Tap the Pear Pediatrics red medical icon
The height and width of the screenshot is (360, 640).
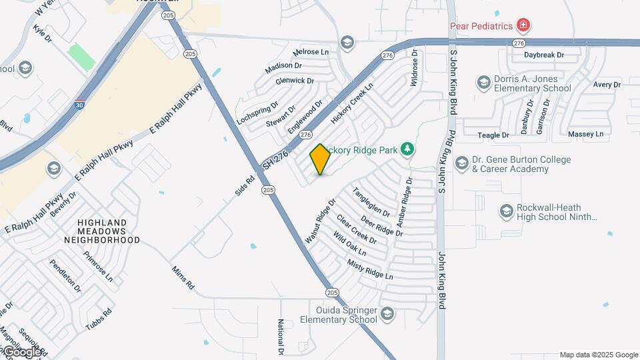(x=524, y=26)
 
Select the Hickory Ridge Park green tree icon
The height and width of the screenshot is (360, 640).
(x=407, y=149)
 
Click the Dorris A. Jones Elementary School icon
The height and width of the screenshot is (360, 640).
(x=483, y=83)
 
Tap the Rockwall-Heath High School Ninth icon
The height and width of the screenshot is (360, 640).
(x=507, y=212)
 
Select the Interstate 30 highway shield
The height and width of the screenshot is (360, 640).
(x=80, y=105)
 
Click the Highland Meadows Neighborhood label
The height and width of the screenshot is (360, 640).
(x=102, y=231)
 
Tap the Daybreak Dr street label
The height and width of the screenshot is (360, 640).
(x=544, y=55)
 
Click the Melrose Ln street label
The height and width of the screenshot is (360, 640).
(x=311, y=51)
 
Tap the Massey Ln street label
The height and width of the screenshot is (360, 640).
(x=585, y=134)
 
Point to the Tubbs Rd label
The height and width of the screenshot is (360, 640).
(x=99, y=317)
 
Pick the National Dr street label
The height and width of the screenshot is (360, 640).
(x=281, y=337)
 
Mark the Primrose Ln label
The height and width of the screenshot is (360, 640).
(x=98, y=265)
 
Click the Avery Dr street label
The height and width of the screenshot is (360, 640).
(x=607, y=85)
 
